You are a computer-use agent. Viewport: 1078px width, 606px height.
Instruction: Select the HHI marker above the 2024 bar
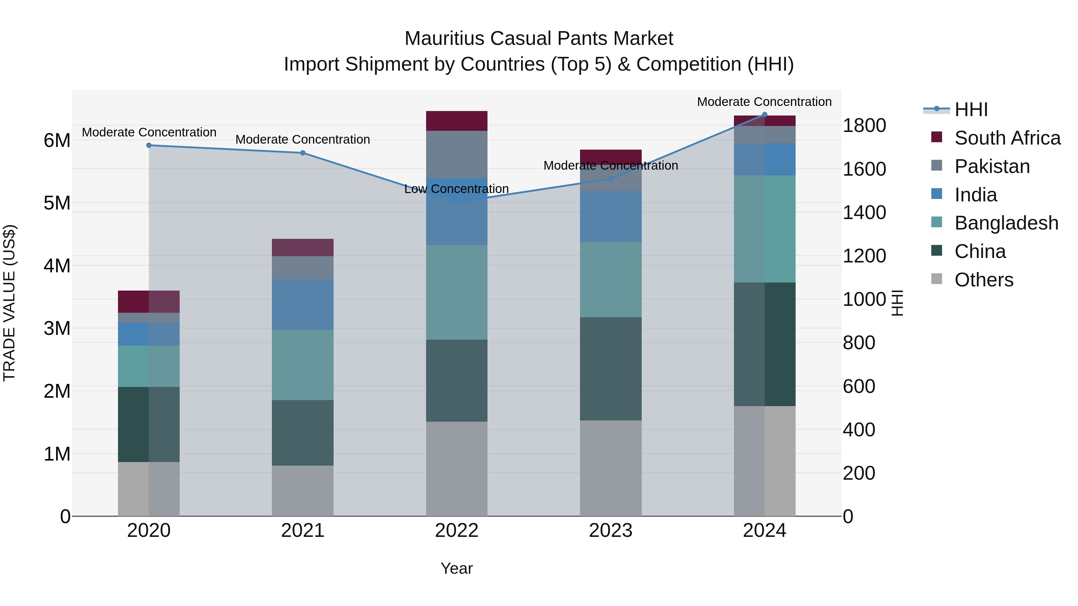click(764, 115)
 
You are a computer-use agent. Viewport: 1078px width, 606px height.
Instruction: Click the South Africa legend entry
click(1007, 138)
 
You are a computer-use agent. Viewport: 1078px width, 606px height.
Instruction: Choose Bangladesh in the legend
click(1006, 223)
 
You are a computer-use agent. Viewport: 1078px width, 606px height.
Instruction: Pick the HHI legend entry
click(971, 110)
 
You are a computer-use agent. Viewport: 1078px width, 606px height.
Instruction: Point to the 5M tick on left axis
click(57, 203)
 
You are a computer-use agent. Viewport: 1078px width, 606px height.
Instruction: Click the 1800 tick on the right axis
click(864, 125)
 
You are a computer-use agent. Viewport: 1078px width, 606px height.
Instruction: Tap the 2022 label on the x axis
click(457, 531)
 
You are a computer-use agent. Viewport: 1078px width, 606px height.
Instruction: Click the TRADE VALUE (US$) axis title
click(10, 303)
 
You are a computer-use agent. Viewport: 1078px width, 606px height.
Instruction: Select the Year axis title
click(457, 568)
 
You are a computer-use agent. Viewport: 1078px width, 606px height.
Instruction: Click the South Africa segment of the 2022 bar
click(457, 121)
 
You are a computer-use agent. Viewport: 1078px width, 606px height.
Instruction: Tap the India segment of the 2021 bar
click(302, 304)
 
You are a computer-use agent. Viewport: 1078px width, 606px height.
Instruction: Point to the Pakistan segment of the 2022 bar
click(457, 154)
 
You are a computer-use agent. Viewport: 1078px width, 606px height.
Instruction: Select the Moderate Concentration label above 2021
click(302, 140)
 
